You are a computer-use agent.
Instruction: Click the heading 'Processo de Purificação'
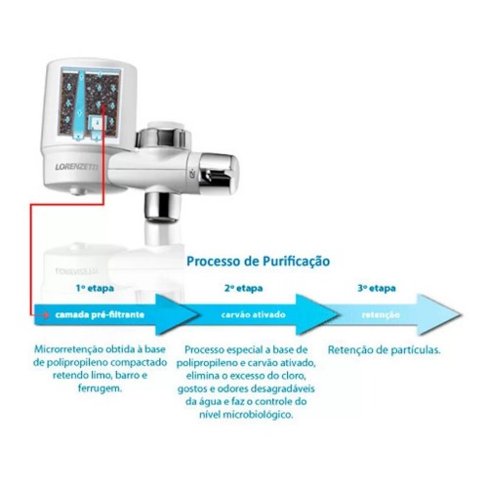258,262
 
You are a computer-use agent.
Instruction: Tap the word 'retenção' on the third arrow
380,316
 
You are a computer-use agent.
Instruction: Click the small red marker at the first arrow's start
38,316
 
